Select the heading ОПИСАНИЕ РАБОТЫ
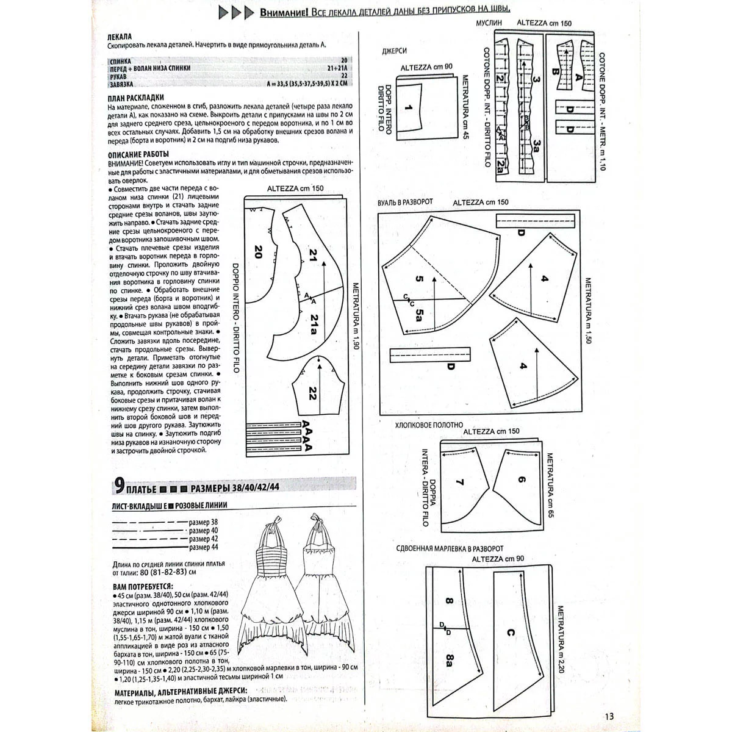click(138, 154)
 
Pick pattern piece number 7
click(460, 481)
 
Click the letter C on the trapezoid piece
click(510, 633)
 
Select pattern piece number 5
click(419, 280)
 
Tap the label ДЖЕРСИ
click(393, 52)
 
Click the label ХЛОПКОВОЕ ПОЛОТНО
click(429, 425)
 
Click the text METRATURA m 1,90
click(353, 316)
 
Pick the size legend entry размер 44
click(203, 547)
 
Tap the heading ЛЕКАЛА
click(118, 37)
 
